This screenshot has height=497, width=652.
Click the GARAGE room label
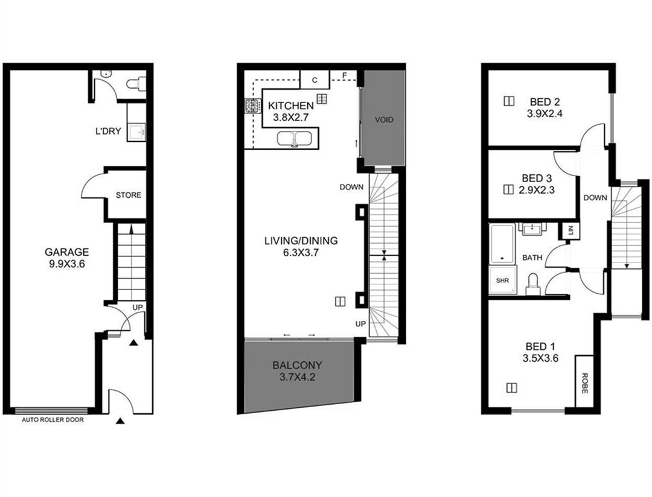67,252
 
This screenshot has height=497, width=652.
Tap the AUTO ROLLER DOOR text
53,420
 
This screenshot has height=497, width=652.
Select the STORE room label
128,195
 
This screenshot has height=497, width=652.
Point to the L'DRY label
108,131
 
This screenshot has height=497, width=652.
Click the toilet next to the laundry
136,84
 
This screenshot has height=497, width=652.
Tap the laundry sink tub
136,132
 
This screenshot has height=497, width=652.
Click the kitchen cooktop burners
251,106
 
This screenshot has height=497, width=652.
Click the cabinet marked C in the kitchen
315,80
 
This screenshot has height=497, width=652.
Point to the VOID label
384,119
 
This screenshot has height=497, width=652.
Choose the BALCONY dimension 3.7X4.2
297,378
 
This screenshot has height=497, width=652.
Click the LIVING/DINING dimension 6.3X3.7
301,252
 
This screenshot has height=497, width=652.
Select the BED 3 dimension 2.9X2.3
537,190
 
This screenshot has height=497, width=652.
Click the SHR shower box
503,280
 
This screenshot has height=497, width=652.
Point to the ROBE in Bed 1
584,381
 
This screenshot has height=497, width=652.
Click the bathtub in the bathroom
503,244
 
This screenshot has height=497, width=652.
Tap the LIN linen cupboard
570,230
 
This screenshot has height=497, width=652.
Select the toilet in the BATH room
533,284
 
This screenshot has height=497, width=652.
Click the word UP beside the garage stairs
138,308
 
